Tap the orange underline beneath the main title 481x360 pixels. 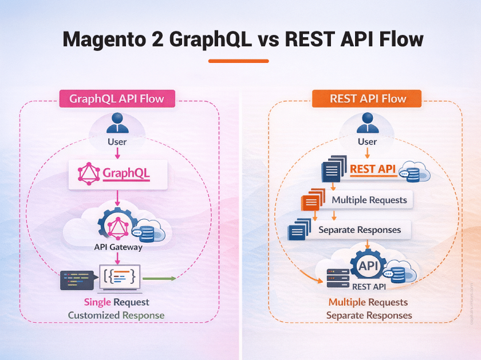(238, 61)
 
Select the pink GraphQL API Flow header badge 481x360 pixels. (117, 98)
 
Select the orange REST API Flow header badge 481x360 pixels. (367, 98)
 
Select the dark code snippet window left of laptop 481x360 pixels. (77, 280)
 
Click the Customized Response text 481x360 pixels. (116, 315)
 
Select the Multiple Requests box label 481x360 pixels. (369, 200)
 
